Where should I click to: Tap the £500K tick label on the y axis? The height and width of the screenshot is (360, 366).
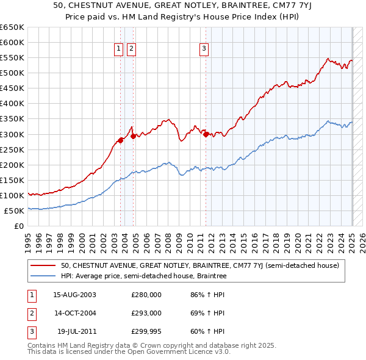pos(12,73)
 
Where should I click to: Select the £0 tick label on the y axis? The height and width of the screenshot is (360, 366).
pos(18,226)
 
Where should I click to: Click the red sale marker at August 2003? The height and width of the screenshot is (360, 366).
pos(121,140)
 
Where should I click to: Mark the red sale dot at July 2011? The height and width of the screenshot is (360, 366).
pos(206,134)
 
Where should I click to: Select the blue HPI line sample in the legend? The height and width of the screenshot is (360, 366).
pos(43,276)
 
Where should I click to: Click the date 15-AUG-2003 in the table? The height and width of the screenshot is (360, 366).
pos(74,295)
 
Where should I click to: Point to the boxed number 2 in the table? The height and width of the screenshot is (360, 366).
pos(30,313)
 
